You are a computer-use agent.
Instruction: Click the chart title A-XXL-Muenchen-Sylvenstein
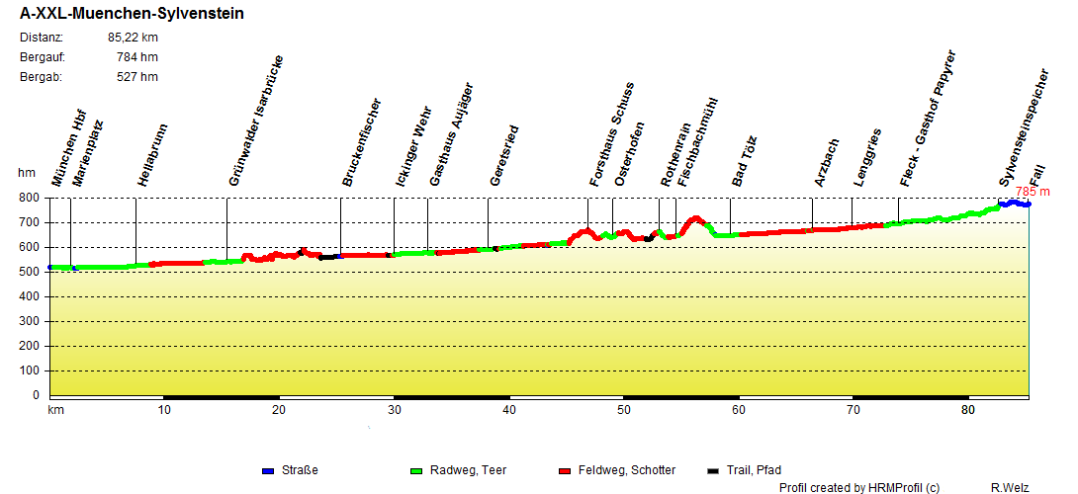pyautogui.click(x=132, y=14)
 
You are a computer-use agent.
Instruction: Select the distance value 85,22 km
pyautogui.click(x=133, y=38)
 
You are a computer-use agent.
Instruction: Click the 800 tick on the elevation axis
pyautogui.click(x=30, y=198)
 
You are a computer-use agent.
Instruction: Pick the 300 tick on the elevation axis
pyautogui.click(x=30, y=321)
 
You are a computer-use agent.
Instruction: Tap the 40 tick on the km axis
pyautogui.click(x=508, y=410)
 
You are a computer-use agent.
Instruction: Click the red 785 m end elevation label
pyautogui.click(x=1033, y=192)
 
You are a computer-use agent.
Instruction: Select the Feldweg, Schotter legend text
pyautogui.click(x=627, y=470)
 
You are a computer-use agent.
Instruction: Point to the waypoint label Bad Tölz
pyautogui.click(x=743, y=161)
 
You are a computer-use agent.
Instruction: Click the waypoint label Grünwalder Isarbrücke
pyautogui.click(x=256, y=134)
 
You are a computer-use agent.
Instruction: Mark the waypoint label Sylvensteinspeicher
pyautogui.click(x=1023, y=128)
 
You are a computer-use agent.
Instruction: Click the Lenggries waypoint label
pyautogui.click(x=866, y=157)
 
